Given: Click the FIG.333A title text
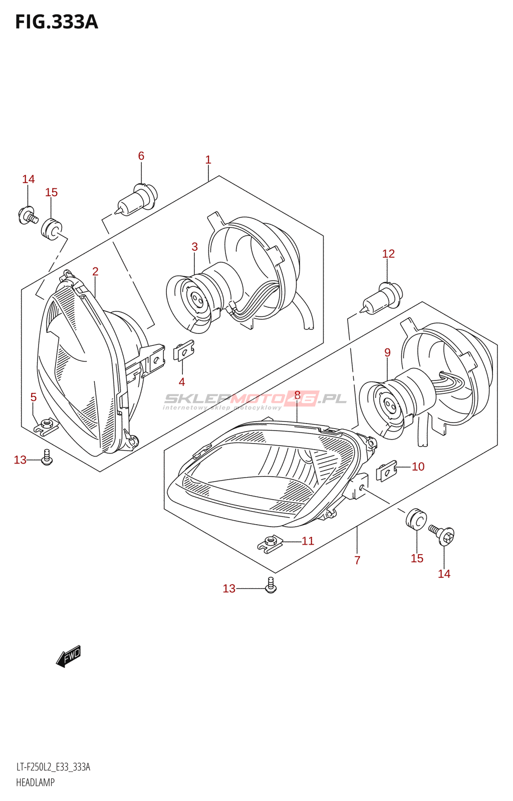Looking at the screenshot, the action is (57, 22).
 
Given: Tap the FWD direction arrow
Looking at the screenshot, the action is (68, 657).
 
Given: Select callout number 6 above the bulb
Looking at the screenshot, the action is (141, 156).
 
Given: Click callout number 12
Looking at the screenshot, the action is (388, 253).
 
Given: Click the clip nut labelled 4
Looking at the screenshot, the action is (184, 350).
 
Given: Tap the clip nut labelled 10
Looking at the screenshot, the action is (386, 471).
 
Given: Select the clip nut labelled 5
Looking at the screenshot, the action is (46, 426).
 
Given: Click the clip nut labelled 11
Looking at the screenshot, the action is (270, 544).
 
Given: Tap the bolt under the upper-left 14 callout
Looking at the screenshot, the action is (28, 215).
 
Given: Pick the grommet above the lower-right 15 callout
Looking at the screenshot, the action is (416, 518).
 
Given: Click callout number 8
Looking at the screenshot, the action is (297, 395).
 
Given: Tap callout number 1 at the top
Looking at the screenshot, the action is (208, 160).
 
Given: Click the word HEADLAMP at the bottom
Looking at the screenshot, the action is (35, 782).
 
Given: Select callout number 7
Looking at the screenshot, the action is (357, 560).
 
